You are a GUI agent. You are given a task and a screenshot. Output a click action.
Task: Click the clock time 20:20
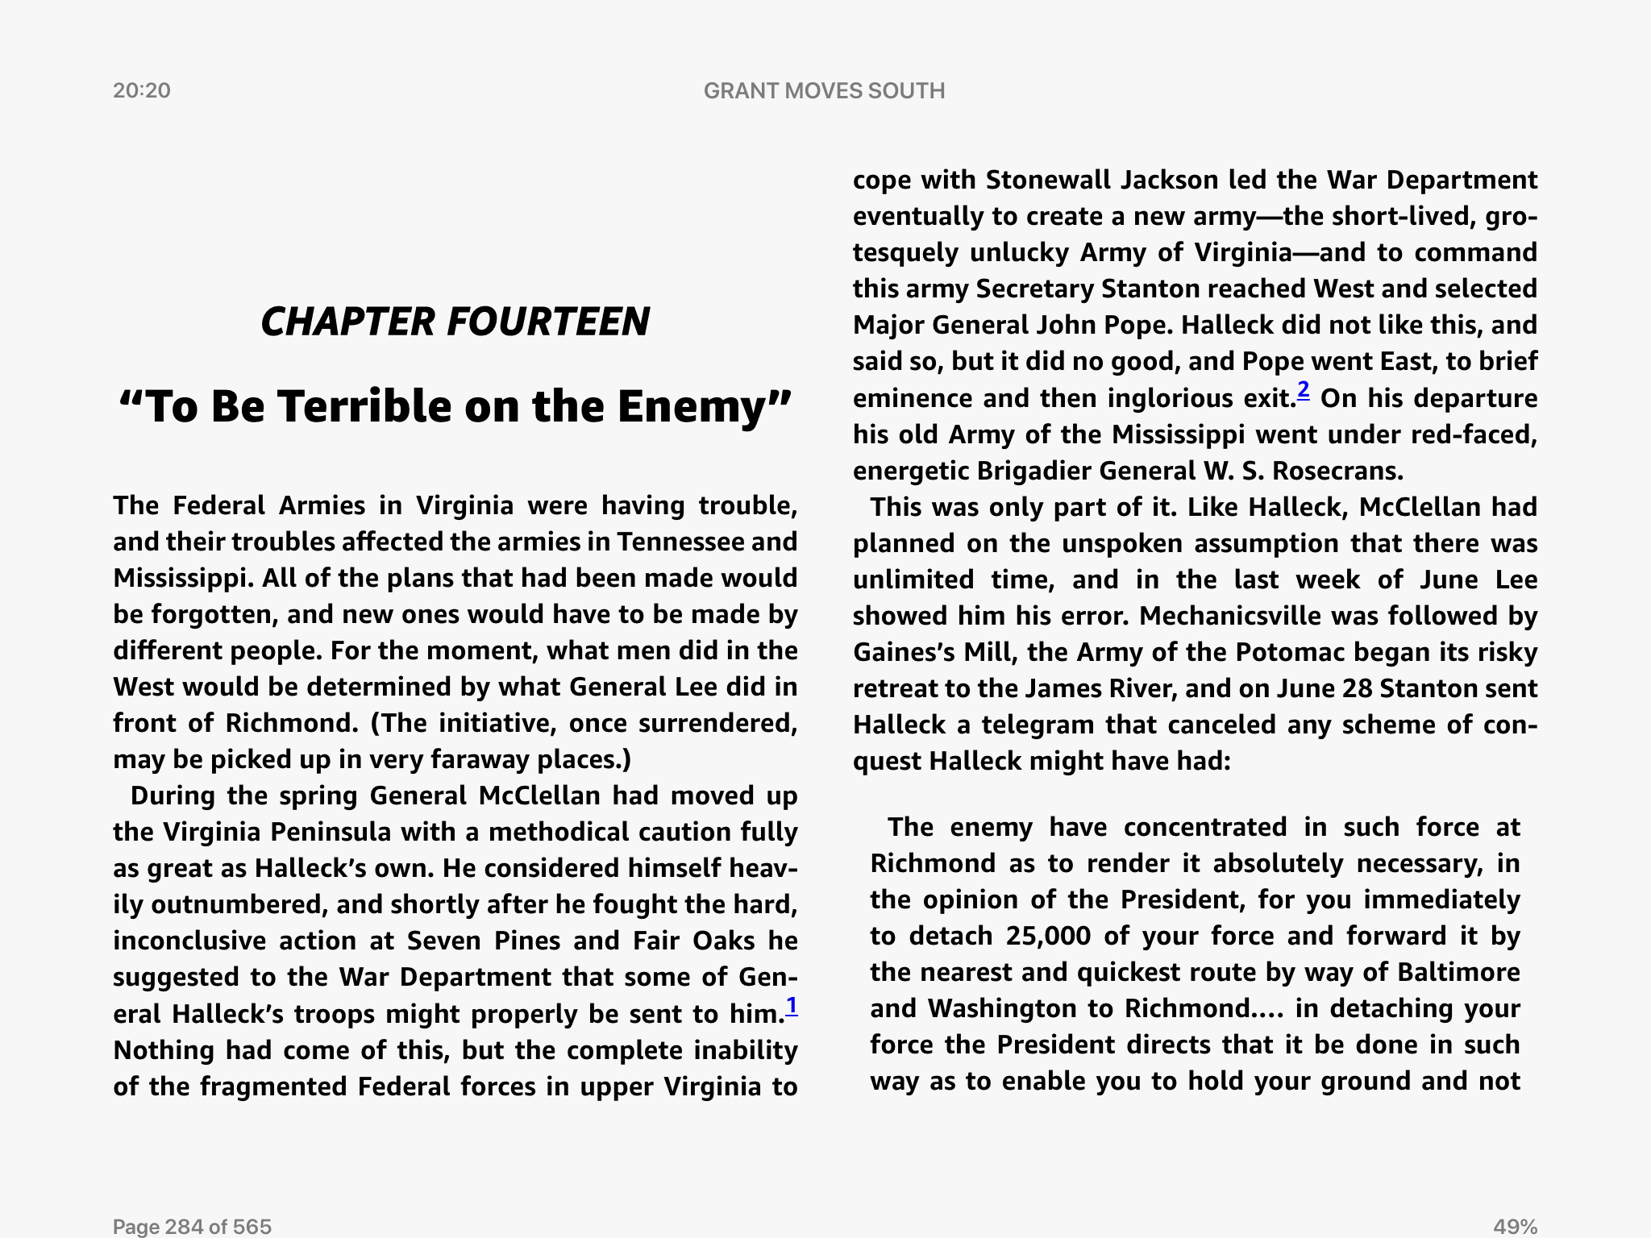point(142,90)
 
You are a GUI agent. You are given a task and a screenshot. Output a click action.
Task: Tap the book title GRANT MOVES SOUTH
point(824,90)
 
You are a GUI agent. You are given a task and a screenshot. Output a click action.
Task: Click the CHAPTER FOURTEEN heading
point(455,322)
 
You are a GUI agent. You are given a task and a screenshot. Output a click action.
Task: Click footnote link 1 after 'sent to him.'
point(792,1006)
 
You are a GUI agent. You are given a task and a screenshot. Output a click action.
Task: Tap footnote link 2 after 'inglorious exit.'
point(1303,391)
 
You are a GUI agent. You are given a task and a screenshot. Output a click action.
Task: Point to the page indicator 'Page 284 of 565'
point(192,1226)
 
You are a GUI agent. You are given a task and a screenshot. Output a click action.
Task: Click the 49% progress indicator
point(1515,1226)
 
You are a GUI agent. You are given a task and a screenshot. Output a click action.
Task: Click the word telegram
point(1038,725)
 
